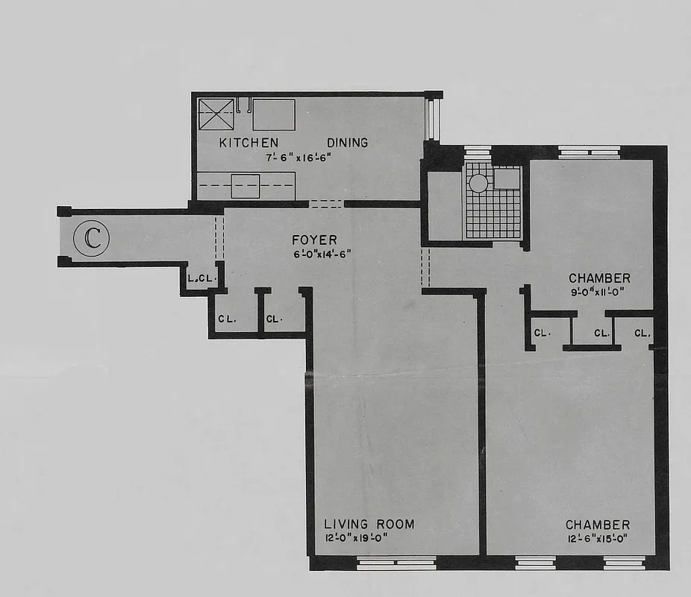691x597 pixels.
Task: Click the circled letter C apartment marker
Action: point(93,238)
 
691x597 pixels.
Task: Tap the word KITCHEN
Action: point(248,143)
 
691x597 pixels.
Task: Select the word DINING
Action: point(347,143)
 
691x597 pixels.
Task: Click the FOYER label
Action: point(314,240)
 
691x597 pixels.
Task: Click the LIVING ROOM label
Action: point(369,524)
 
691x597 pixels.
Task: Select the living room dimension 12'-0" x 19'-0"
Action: point(357,538)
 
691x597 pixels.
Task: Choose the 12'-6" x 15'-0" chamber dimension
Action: point(598,539)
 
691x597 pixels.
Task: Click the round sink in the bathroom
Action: point(478,183)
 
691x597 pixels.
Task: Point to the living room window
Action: point(395,564)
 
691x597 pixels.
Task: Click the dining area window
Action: point(431,119)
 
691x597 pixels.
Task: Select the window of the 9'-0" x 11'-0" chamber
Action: point(590,152)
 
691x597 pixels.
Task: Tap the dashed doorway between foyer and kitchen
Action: point(326,204)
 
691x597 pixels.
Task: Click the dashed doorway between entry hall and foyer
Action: point(219,237)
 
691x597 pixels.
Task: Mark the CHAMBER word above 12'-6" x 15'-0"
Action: point(598,525)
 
